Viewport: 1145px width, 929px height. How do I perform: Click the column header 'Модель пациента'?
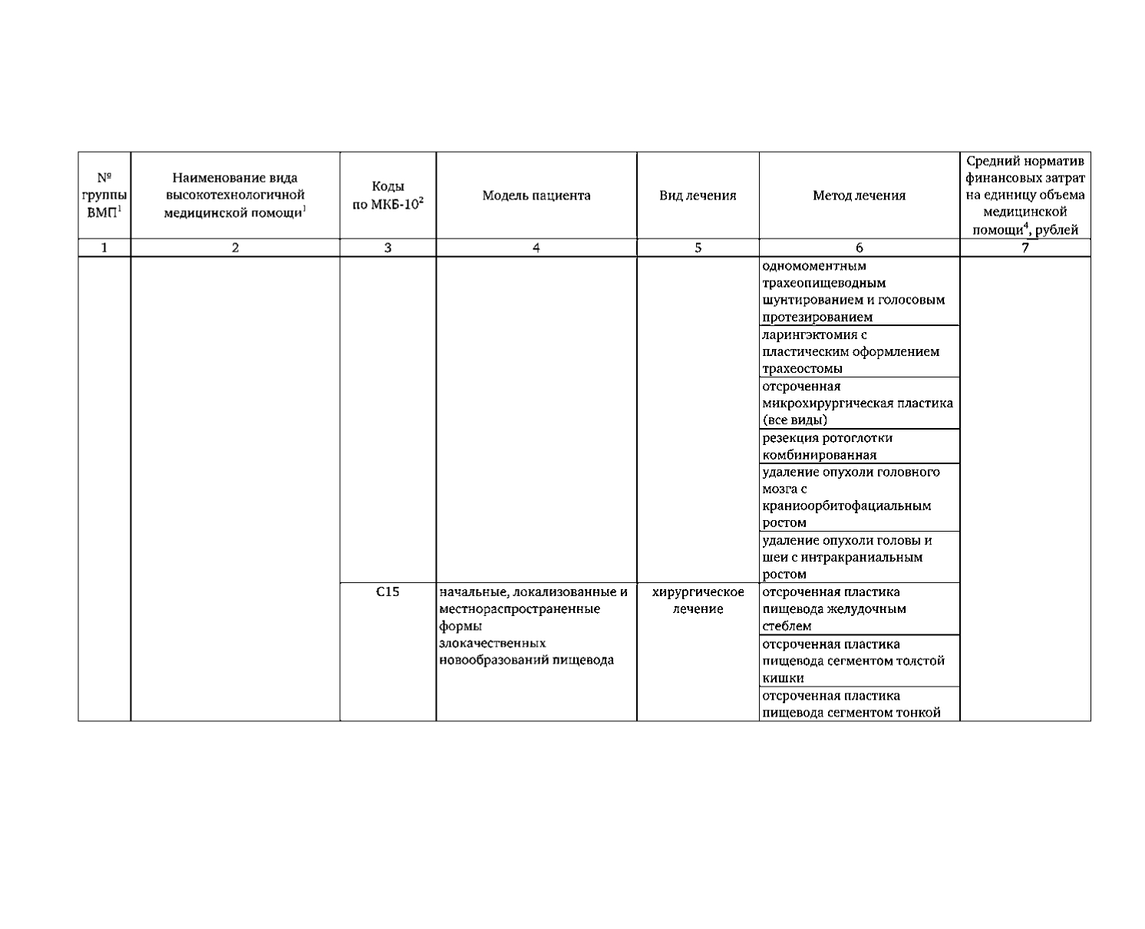536,196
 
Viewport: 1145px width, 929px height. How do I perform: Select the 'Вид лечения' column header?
698,196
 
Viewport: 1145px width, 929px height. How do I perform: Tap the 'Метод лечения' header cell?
859,196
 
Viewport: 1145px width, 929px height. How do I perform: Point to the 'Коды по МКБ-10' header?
388,196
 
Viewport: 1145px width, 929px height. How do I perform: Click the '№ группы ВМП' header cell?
104,196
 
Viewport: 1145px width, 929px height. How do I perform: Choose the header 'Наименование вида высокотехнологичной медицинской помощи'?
235,196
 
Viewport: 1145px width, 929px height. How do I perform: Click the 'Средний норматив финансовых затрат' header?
1025,196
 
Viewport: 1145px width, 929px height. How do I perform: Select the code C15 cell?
388,592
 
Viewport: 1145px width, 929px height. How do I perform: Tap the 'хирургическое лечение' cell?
698,600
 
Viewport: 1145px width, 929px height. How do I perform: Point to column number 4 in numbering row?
536,248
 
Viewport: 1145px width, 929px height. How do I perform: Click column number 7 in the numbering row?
1025,248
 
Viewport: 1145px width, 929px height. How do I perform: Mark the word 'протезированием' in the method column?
817,317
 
